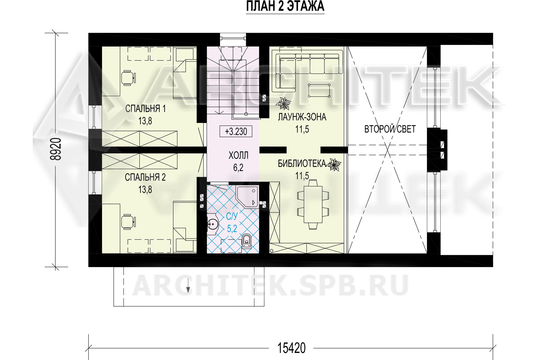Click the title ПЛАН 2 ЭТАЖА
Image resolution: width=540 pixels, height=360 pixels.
tap(285, 6)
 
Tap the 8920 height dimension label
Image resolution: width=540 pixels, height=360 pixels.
tap(56, 149)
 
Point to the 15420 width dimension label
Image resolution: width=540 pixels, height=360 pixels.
tap(292, 348)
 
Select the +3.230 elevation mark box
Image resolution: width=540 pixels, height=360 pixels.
tap(236, 131)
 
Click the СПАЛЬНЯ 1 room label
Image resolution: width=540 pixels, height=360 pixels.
tap(145, 109)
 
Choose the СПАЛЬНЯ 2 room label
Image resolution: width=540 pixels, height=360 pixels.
tap(145, 177)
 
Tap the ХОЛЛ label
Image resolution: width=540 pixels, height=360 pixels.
tap(238, 156)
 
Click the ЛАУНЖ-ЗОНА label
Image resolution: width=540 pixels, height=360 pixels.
tap(302, 117)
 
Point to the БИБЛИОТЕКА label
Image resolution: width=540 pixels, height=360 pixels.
tap(302, 164)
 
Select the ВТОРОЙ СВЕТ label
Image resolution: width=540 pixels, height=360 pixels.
tap(390, 129)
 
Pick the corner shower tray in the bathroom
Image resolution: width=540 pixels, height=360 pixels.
tap(247, 197)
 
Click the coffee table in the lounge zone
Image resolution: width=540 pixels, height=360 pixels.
tap(319, 90)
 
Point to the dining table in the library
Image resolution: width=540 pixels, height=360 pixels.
tap(313, 205)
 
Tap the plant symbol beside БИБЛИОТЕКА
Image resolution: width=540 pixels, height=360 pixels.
tap(334, 165)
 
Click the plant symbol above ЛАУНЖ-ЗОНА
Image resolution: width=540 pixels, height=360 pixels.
tap(284, 104)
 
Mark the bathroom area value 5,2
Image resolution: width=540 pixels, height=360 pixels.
tap(232, 228)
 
